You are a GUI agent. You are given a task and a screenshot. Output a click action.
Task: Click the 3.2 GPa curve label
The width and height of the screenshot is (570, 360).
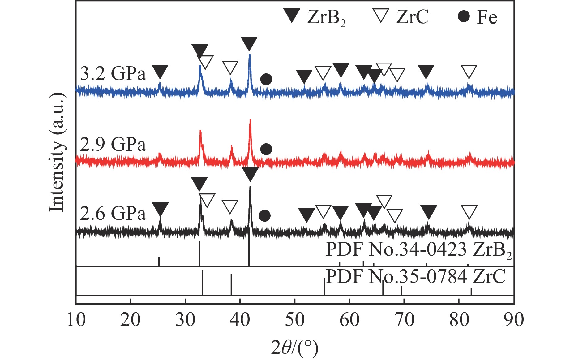click(x=113, y=74)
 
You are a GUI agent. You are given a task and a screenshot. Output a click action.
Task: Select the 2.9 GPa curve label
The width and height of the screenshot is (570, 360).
click(x=113, y=144)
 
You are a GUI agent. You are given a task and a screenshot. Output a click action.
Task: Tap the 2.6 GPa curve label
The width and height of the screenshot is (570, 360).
click(x=113, y=214)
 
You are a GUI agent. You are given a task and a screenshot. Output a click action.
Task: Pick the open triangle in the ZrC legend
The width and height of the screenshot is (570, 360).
click(x=381, y=15)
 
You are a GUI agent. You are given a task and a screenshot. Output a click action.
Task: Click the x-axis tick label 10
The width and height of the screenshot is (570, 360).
click(x=76, y=320)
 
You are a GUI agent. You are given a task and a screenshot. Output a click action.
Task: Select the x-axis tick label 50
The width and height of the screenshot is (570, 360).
click(x=295, y=320)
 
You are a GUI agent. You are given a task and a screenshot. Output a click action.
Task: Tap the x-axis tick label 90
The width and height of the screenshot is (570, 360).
click(x=514, y=320)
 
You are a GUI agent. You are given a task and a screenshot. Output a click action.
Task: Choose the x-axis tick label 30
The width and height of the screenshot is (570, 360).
click(x=185, y=320)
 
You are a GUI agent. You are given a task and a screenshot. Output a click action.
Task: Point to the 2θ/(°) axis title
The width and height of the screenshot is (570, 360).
click(x=294, y=347)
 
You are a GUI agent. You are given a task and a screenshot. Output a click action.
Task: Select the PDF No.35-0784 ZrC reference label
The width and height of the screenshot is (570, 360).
click(x=416, y=276)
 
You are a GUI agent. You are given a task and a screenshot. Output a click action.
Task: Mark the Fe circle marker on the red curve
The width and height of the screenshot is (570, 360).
click(x=266, y=149)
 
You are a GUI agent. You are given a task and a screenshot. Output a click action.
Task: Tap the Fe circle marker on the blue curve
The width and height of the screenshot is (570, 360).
click(x=266, y=79)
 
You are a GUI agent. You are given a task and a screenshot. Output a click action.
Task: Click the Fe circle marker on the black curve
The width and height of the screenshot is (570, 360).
click(x=264, y=216)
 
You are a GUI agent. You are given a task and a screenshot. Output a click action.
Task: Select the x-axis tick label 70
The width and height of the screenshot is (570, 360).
click(x=404, y=320)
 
